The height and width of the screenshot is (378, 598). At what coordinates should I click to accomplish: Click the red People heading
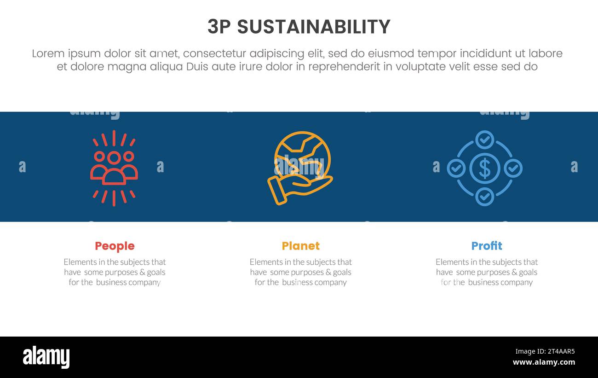tap(115, 246)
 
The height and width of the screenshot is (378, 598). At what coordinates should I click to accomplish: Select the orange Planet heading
tap(300, 246)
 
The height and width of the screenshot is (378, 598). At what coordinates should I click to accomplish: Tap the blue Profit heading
tap(486, 246)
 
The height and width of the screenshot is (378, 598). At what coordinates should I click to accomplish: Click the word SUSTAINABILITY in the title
tap(313, 27)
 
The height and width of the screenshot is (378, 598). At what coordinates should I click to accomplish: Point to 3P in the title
tap(219, 27)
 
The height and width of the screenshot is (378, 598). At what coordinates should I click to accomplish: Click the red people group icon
tap(114, 168)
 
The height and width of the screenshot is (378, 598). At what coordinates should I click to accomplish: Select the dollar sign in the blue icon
tap(484, 168)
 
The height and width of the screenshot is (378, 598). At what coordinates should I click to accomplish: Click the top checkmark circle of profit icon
tap(484, 140)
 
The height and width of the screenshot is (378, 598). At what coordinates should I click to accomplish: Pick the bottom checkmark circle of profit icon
tap(484, 197)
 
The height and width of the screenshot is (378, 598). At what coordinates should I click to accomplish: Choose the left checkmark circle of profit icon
tap(456, 168)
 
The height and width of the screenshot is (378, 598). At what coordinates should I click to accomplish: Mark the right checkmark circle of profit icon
tap(513, 168)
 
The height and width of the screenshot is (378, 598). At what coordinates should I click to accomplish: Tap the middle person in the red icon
tap(114, 168)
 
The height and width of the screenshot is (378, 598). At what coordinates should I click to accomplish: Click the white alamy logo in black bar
tap(46, 357)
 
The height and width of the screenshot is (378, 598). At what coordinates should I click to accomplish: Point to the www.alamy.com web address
tap(543, 362)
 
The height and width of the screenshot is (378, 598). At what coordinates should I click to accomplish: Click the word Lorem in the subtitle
tap(48, 53)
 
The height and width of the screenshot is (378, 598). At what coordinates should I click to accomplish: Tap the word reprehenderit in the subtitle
tap(344, 67)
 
